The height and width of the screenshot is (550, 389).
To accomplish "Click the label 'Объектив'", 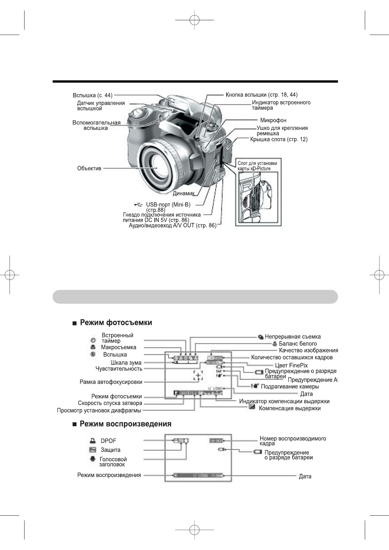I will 89,169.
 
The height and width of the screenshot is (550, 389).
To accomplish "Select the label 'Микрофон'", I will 273,120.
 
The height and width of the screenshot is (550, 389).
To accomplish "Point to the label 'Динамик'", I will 183,193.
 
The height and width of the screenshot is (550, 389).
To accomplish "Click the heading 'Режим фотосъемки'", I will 116,323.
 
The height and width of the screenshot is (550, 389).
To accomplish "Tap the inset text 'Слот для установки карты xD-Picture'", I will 257,166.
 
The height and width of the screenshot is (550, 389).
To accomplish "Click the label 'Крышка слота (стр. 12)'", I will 279,139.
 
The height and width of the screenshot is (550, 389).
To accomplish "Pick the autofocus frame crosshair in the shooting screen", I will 198,376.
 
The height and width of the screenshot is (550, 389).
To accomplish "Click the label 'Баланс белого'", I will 297,343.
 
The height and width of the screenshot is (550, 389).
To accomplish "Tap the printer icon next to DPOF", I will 93,440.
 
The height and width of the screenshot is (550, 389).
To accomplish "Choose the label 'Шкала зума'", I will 126,363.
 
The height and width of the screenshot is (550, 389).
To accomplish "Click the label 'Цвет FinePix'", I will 291,365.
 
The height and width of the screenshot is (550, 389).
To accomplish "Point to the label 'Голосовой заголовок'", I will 113,461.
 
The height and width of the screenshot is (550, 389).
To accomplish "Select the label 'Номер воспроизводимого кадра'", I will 293,441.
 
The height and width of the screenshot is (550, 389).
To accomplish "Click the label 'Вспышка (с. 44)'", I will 93,95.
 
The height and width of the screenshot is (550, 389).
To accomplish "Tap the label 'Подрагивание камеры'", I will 290,386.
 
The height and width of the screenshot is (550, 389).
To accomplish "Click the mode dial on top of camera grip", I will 139,113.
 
